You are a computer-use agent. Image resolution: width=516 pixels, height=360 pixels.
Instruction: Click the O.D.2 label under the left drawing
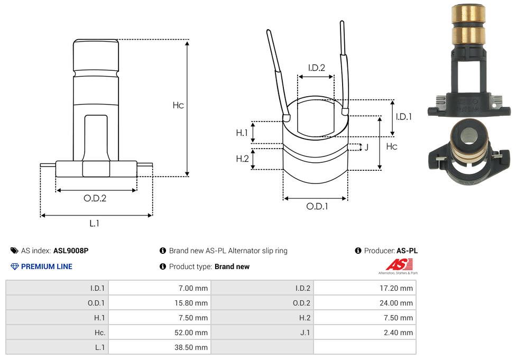pos(95,198)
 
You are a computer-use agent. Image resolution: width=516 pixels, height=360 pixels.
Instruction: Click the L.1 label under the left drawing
pos(94,223)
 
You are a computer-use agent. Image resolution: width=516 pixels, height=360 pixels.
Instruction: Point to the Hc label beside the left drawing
pos(178,105)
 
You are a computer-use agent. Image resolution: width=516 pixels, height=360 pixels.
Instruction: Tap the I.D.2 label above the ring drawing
pos(316,68)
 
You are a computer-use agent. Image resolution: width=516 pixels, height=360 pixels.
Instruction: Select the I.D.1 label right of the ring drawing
pos(403,117)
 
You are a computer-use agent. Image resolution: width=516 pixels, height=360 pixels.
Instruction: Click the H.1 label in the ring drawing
pos(242,133)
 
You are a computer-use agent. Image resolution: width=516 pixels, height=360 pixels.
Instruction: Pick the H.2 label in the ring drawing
pos(242,159)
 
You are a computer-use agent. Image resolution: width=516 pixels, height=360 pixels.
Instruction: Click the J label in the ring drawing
pos(366,147)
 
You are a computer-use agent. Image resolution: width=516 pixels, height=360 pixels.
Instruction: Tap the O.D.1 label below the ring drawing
pos(317,206)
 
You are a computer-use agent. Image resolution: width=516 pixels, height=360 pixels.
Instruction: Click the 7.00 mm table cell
pos(159,288)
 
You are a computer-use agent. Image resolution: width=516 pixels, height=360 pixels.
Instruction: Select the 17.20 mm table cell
pos(365,288)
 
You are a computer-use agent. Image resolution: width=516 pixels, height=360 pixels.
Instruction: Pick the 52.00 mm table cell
pos(159,333)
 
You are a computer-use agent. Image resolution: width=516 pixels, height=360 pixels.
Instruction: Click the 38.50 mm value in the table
pos(159,347)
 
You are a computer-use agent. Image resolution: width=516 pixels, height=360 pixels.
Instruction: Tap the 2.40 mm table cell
pos(365,333)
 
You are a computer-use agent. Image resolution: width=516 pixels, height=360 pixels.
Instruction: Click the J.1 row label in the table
pos(262,333)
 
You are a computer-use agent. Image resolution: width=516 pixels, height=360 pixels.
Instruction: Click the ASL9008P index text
pos(71,251)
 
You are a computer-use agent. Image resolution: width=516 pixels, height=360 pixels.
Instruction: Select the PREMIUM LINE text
pos(47,266)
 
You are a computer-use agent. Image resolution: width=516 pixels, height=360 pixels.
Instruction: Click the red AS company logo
pos(394,265)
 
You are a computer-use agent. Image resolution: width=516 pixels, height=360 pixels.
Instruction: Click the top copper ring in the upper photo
pos(468,13)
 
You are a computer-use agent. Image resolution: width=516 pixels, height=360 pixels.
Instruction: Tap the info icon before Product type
pos(163,266)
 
